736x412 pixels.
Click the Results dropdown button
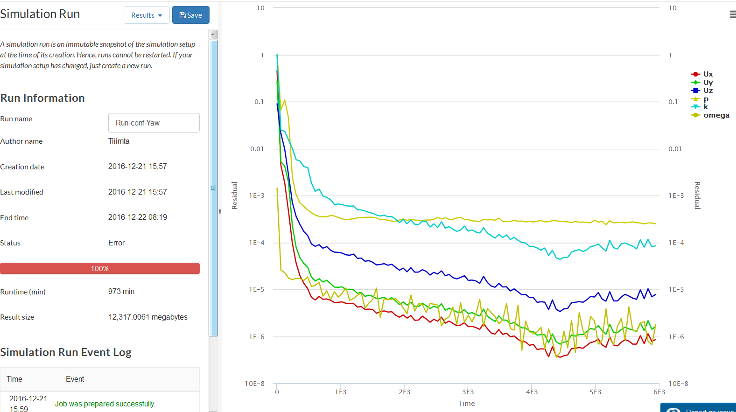pyautogui.click(x=147, y=15)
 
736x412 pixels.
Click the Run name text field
pyautogui.click(x=154, y=123)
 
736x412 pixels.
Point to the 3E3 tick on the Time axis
pyautogui.click(x=468, y=392)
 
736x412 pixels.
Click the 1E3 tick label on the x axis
pyautogui.click(x=341, y=392)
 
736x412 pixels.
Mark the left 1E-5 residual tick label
pyautogui.click(x=257, y=290)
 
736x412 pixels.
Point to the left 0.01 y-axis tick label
pyautogui.click(x=257, y=149)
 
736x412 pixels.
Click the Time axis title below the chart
pyautogui.click(x=466, y=404)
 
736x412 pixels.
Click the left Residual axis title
pyautogui.click(x=235, y=195)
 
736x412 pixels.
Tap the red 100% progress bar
pyautogui.click(x=100, y=269)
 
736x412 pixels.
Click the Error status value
pyautogui.click(x=117, y=243)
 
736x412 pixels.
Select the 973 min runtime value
pyautogui.click(x=121, y=292)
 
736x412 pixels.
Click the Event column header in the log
pyautogui.click(x=75, y=379)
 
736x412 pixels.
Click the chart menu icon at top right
pyautogui.click(x=732, y=15)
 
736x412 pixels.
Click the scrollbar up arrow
pyautogui.click(x=213, y=34)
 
